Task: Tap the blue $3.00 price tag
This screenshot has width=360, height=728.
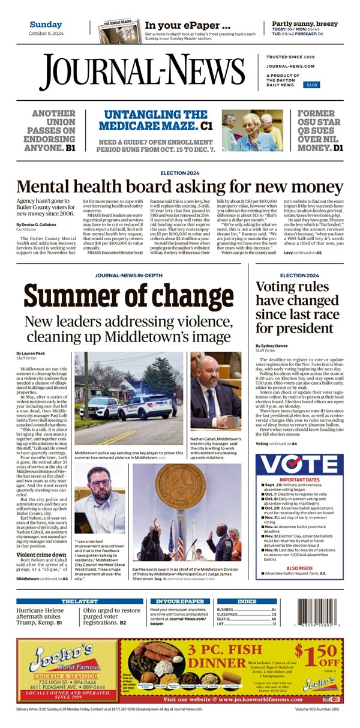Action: (312, 85)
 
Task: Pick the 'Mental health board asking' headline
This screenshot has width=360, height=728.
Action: (170, 187)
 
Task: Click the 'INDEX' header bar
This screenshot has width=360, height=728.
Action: (247, 601)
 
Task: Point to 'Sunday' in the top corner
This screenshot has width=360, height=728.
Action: (46, 25)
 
